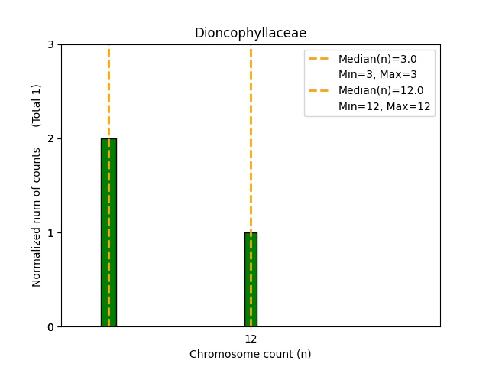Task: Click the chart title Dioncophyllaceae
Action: click(250, 33)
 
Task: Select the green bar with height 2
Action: click(108, 232)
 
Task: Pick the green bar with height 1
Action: click(251, 279)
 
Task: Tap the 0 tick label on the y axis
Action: click(51, 327)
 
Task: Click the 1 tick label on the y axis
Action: click(51, 233)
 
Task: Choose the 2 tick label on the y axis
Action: click(51, 139)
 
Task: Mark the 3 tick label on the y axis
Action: click(51, 45)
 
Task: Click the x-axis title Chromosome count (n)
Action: click(250, 354)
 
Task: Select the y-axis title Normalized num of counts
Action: click(37, 217)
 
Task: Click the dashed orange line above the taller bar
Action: click(108, 92)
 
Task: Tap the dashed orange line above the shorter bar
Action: click(251, 138)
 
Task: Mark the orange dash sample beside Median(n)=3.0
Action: click(320, 59)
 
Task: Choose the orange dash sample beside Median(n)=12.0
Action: click(320, 91)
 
